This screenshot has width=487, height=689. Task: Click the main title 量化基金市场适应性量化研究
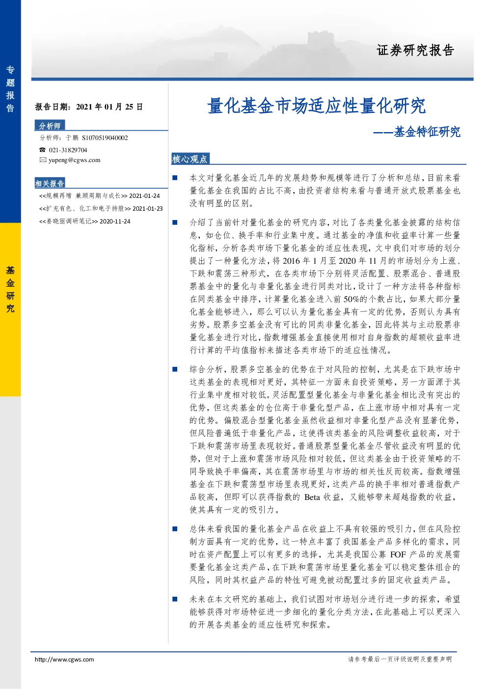tap(316, 106)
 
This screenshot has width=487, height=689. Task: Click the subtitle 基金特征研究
tap(427, 132)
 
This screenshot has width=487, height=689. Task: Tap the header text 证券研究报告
tap(415, 50)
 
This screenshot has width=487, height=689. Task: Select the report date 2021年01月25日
tap(109, 107)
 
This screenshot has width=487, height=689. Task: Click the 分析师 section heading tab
tap(50, 126)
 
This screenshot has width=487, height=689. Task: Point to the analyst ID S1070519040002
tap(105, 138)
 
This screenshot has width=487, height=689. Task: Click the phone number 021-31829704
tap(68, 150)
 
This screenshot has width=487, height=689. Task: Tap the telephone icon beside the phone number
tap(42, 150)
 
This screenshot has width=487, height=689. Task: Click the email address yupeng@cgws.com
tap(75, 160)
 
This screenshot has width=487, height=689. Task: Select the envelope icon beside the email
tap(43, 160)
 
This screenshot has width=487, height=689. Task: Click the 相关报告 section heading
tap(50, 183)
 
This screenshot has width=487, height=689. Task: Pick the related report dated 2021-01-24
tap(100, 196)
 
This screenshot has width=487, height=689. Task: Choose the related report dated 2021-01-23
tap(101, 209)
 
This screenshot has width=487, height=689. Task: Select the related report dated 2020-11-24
tap(85, 221)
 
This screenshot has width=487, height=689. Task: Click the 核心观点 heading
tap(190, 159)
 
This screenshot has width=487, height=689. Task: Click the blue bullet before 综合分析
tap(175, 369)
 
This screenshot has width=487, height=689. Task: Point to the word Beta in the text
tap(312, 497)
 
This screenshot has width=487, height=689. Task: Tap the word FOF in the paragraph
tap(398, 554)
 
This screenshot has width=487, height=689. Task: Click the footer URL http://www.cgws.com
tap(64, 659)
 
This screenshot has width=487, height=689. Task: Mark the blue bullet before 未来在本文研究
tap(175, 599)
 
